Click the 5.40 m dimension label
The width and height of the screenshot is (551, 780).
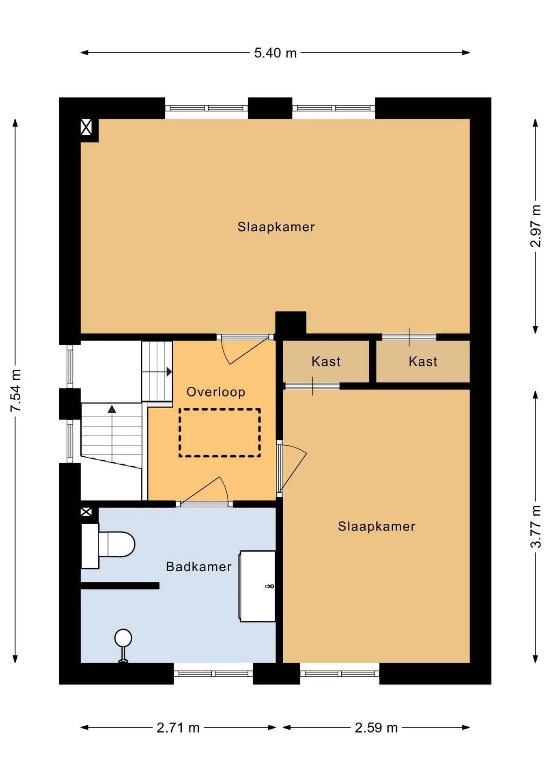275,53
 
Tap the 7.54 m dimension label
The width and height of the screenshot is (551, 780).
15,390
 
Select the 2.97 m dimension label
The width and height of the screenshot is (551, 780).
536,226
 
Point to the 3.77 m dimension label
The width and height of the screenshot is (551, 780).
536,526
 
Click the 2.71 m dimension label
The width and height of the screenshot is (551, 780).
178,728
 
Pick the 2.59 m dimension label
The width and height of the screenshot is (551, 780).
376,728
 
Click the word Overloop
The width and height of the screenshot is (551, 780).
216,392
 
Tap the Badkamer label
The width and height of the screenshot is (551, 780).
199,567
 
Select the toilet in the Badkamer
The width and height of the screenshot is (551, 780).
108,545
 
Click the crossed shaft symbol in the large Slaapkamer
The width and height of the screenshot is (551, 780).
86,127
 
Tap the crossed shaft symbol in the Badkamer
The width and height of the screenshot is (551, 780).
86,512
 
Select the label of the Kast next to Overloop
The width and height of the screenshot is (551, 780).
326,362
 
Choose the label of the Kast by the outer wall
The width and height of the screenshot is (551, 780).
423,362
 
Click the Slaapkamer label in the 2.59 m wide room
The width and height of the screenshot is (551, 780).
377,526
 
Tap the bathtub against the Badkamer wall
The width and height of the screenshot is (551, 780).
257,586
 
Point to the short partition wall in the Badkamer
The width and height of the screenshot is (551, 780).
120,586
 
